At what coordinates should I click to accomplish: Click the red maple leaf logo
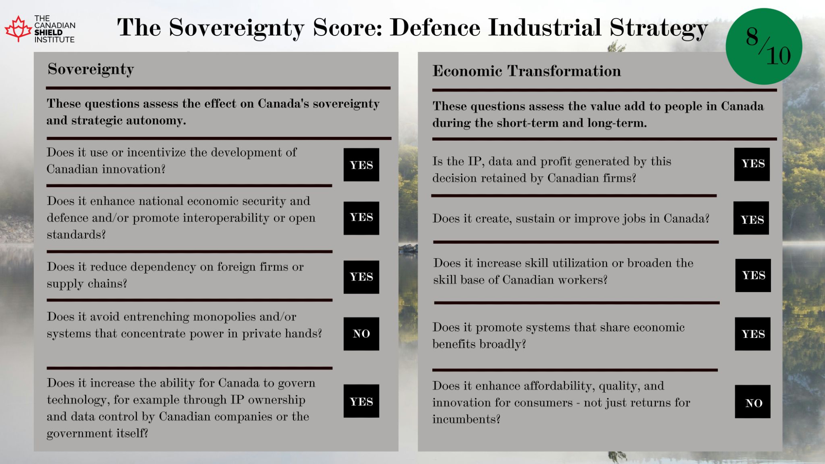(x=18, y=29)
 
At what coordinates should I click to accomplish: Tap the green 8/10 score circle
(x=764, y=46)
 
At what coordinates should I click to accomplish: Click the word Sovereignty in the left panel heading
(x=91, y=69)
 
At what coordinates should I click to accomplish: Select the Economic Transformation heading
(x=527, y=71)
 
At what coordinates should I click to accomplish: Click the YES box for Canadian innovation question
(x=361, y=165)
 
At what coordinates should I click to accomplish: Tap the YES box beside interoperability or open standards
(x=361, y=218)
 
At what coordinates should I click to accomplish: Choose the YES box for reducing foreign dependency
(x=361, y=277)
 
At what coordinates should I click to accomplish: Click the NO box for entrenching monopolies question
(x=361, y=334)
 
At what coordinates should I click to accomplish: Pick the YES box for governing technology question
(x=361, y=401)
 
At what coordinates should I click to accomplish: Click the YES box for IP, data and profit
(x=752, y=164)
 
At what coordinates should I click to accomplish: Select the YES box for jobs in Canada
(x=751, y=218)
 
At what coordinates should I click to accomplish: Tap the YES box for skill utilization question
(x=753, y=276)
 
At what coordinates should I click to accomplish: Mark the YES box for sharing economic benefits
(x=753, y=334)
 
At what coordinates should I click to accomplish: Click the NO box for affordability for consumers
(x=753, y=402)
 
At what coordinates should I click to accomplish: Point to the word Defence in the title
(x=436, y=28)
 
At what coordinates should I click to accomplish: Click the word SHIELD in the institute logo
(x=48, y=33)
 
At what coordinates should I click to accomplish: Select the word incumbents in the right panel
(x=466, y=419)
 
